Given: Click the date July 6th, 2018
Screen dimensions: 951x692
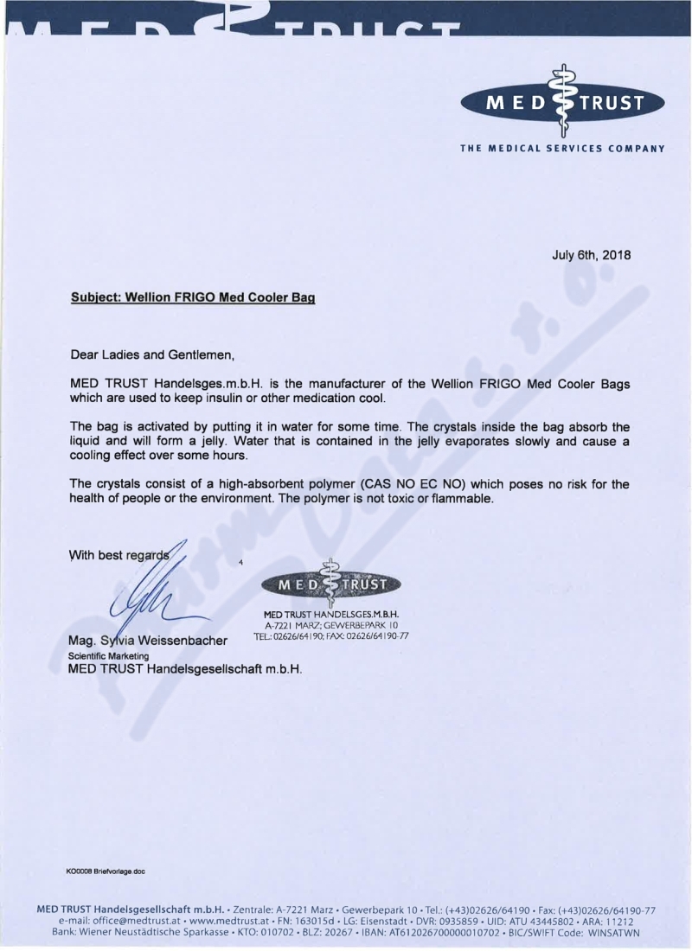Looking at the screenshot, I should coord(592,255).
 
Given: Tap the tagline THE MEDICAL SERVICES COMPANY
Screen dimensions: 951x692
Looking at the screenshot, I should coord(563,148).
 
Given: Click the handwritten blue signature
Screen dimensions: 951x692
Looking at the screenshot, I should coord(157,597).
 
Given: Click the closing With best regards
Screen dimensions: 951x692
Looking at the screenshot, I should coord(121,555).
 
